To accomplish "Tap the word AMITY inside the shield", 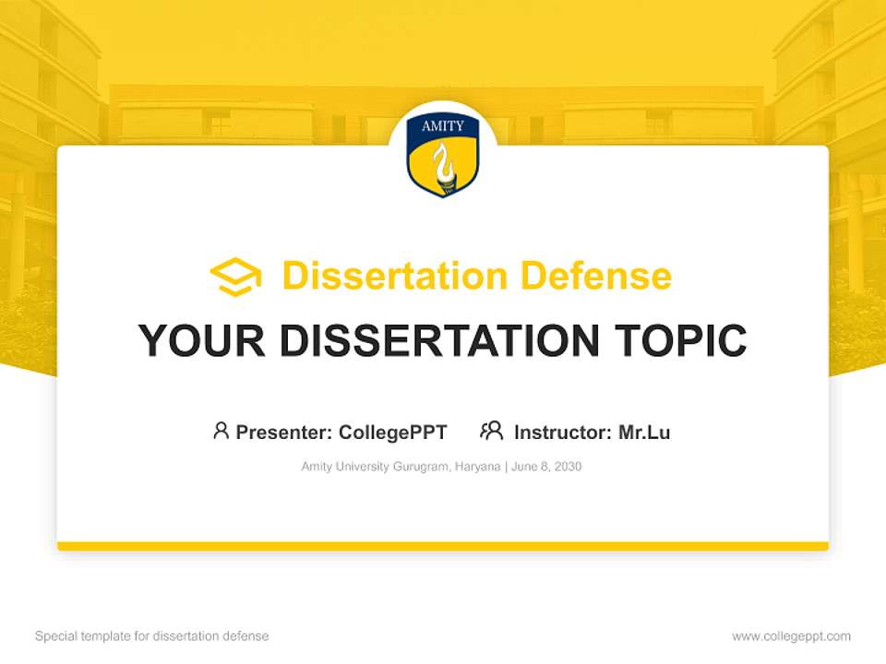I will (x=443, y=126).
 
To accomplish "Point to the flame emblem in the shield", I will (x=443, y=166).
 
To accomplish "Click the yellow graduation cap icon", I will (x=235, y=277).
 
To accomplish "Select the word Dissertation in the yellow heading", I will (x=394, y=276).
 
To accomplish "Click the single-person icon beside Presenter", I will (x=221, y=431).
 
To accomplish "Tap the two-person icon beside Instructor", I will (x=491, y=431).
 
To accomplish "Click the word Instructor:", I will (x=563, y=433).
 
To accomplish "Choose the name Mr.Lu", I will (x=644, y=433).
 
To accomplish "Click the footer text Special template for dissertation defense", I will (x=151, y=636).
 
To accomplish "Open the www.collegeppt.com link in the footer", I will (x=791, y=636).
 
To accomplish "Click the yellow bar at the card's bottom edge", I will (x=443, y=546).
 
